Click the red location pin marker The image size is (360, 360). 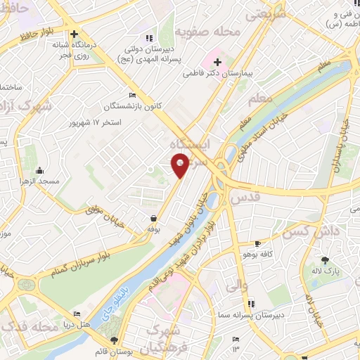coord(181,167)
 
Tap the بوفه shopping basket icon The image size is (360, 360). coord(153,218)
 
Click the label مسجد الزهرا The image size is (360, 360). coord(39,181)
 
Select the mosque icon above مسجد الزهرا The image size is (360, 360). coord(39,170)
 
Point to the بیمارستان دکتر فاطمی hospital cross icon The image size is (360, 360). coord(218,62)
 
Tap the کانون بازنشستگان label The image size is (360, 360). coord(133,106)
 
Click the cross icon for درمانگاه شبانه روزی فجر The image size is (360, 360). coord(74,33)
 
